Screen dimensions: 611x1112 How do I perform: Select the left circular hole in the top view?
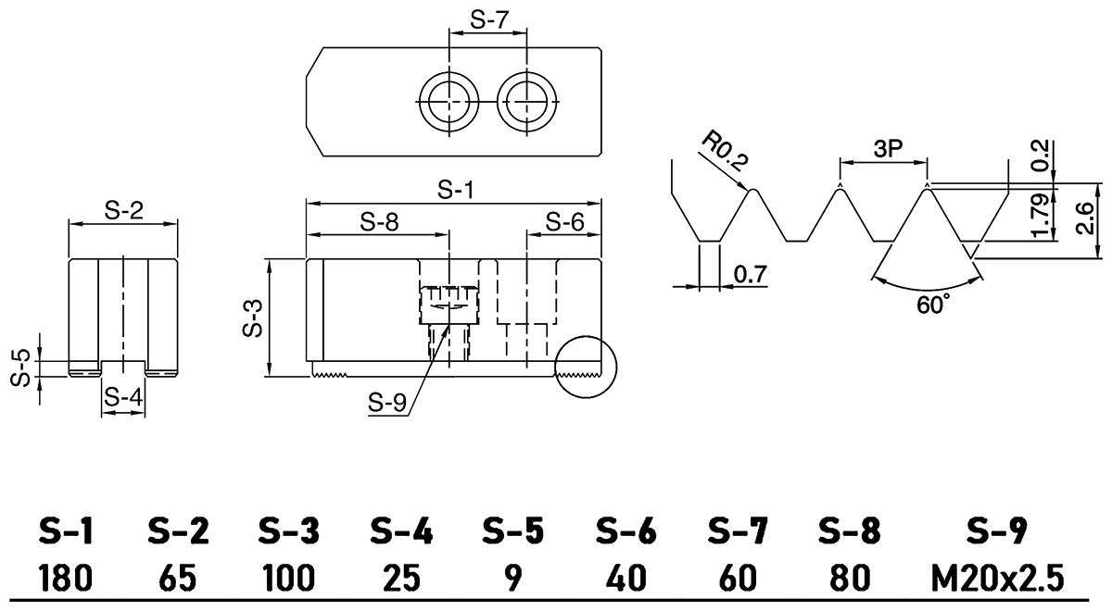point(449,100)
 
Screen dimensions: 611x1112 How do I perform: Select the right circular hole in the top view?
point(526,100)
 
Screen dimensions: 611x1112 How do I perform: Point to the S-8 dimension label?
point(380,222)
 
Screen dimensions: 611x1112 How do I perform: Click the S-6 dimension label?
point(565,222)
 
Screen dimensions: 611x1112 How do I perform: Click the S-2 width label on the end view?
point(123,211)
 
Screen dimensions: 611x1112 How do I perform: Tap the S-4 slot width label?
point(123,397)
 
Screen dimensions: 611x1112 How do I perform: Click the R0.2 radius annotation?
point(724,150)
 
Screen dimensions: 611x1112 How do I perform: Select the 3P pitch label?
point(882,150)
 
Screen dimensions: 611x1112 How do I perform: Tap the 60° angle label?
point(933,303)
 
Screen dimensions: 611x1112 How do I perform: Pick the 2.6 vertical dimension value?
point(1086,219)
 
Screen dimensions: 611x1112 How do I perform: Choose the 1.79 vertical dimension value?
point(1040,217)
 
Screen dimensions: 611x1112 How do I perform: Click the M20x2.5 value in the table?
point(997,579)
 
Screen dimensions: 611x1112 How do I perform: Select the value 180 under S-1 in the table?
point(65,579)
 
